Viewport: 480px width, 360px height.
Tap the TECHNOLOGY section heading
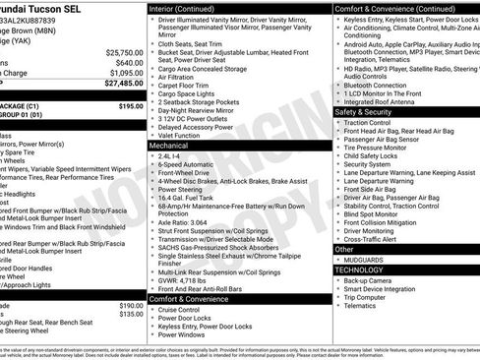click(359, 269)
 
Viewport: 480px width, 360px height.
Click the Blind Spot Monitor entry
click(373, 213)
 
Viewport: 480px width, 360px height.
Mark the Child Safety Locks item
click(374, 155)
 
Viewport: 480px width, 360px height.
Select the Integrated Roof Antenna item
click(383, 101)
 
